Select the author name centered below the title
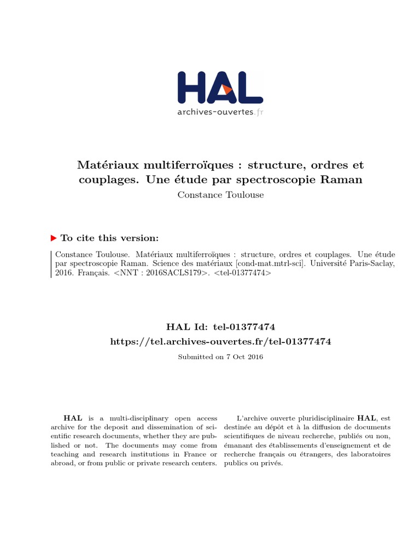pos(220,195)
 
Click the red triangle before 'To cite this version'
pos(54,238)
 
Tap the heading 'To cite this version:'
pos(110,238)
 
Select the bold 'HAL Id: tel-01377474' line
pos(220,326)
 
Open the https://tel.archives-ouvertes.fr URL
pos(220,341)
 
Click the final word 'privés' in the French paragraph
pos(272,463)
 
